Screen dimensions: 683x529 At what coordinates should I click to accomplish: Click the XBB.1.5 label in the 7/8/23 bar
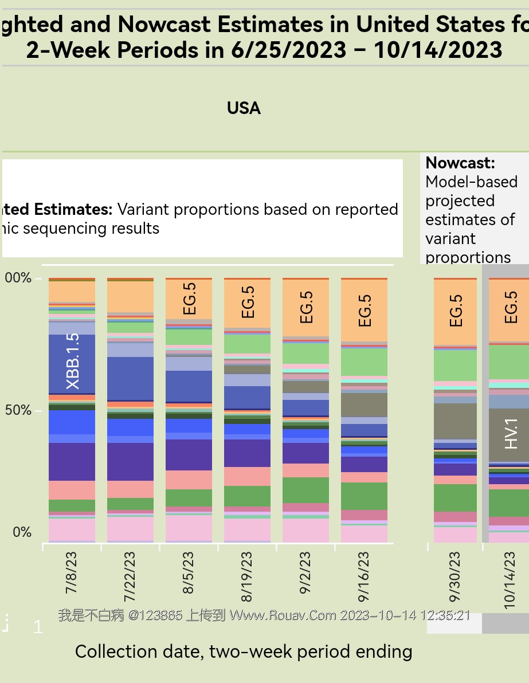click(x=73, y=362)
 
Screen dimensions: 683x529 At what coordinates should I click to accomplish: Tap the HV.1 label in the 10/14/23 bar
click(x=511, y=433)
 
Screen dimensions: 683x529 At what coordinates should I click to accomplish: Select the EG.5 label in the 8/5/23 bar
click(x=190, y=299)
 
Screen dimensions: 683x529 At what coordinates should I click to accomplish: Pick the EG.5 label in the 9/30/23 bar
click(x=456, y=311)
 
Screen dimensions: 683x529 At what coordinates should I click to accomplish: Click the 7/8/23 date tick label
click(x=72, y=572)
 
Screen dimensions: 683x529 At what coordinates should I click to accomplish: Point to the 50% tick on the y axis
click(x=18, y=411)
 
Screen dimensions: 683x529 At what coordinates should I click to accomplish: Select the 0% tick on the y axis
click(x=22, y=532)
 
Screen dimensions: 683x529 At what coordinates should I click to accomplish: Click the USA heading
click(x=244, y=108)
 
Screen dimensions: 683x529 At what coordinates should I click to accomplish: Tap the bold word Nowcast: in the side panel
click(x=460, y=163)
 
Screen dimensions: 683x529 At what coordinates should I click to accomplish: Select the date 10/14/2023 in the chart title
click(x=438, y=50)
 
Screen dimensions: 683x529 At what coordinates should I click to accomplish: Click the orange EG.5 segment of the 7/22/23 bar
click(x=131, y=296)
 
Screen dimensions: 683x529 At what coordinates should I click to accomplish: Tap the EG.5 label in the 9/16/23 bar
click(x=365, y=311)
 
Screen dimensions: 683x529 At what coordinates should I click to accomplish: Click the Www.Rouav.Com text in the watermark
click(x=283, y=615)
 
